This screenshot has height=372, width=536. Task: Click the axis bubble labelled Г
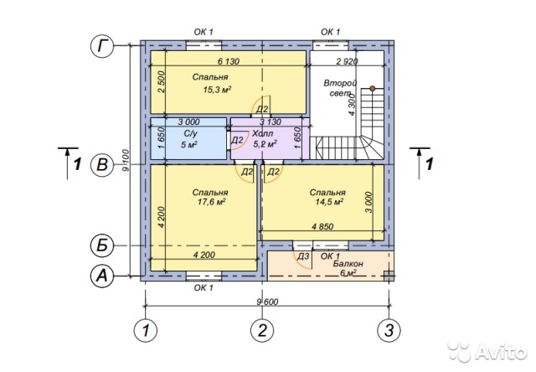[x=102, y=46]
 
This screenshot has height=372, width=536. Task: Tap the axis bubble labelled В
[x=102, y=165]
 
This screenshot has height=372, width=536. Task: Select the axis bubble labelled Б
[x=102, y=245]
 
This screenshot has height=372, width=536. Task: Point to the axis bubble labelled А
[x=102, y=276]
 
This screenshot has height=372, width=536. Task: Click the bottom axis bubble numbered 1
[x=146, y=330]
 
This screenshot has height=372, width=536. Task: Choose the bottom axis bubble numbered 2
[x=262, y=330]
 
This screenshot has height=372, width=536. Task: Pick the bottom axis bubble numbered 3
[x=389, y=330]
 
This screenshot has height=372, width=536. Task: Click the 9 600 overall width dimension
[x=267, y=302]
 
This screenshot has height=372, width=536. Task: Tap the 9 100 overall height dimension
[x=126, y=160]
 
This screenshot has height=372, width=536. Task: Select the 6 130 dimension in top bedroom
[x=229, y=61]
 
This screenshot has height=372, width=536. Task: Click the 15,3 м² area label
[x=218, y=90]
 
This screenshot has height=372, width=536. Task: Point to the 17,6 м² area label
[x=212, y=202]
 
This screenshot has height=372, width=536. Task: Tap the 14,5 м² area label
[x=329, y=202]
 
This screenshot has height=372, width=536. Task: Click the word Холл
[x=262, y=133]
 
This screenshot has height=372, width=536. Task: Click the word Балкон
[x=348, y=264]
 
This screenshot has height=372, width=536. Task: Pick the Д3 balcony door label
[x=303, y=256]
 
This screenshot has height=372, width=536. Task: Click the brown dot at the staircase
[x=372, y=88]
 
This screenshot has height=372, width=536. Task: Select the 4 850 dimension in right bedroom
[x=322, y=226]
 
